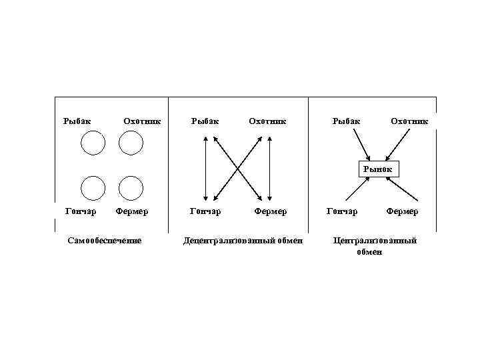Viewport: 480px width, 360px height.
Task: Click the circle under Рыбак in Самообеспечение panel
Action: click(93, 142)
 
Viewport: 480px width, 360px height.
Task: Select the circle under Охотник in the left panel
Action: click(131, 142)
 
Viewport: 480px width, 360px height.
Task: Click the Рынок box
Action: click(378, 169)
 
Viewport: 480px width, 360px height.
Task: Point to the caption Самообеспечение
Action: click(105, 240)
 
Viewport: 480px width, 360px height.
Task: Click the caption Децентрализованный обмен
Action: click(243, 240)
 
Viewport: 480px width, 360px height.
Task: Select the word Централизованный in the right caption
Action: click(375, 240)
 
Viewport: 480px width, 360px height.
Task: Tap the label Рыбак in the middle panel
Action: click(205, 121)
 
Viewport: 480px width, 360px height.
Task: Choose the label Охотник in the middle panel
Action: click(267, 121)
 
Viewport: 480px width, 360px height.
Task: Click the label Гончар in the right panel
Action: click(341, 211)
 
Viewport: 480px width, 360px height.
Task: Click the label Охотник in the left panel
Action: click(142, 121)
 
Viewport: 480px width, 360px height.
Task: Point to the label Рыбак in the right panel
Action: click(347, 121)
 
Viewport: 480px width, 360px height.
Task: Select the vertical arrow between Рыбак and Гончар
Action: click(206, 168)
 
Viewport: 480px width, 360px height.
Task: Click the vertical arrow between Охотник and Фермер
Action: click(269, 168)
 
